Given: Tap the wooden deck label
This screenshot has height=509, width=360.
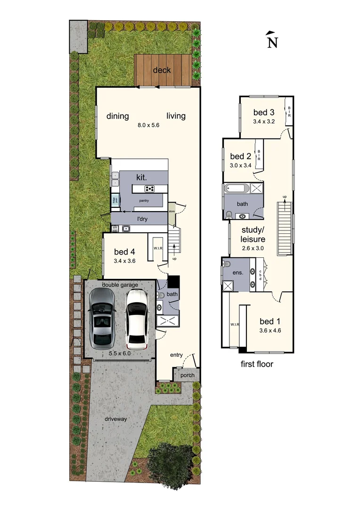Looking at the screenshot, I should point(162,71).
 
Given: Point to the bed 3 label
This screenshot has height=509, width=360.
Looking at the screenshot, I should point(264,112).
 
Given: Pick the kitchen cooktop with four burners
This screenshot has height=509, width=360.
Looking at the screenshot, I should point(150,189).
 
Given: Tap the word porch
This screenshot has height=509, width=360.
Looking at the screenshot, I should point(187,376).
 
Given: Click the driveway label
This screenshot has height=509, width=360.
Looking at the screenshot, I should point(116,418).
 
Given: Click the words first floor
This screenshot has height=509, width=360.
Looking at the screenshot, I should point(257,364).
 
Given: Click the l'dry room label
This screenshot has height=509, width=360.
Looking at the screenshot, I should point(143,220).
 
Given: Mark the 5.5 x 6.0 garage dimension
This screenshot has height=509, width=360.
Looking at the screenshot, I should point(120,353).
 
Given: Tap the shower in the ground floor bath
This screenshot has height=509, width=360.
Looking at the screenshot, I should point(168,322).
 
